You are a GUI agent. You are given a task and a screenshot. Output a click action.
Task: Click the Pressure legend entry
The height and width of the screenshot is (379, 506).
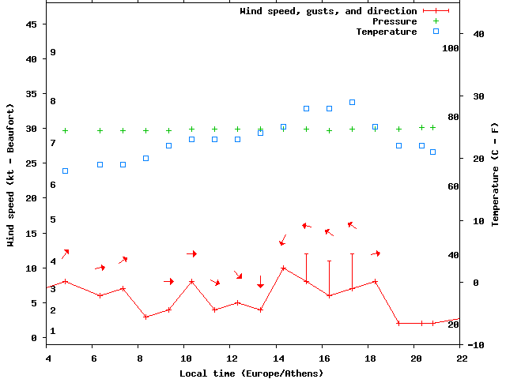[395, 21]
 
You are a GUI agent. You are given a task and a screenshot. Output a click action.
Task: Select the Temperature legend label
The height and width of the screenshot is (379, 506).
[386, 32]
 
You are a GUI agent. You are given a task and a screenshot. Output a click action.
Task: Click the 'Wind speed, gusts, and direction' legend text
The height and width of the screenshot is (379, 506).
[328, 11]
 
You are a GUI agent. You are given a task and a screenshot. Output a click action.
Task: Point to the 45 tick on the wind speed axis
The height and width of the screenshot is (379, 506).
[32, 24]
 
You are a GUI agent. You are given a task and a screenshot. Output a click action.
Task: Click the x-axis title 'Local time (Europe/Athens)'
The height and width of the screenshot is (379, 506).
[251, 373]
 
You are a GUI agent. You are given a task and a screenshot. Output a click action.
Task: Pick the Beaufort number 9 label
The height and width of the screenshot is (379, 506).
[52, 52]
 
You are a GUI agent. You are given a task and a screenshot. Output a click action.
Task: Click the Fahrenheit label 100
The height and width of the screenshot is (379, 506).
[451, 48]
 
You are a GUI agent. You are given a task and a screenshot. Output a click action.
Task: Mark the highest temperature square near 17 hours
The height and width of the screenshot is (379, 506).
[352, 102]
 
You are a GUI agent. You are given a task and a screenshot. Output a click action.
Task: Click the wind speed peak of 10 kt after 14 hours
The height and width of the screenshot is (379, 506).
[283, 268]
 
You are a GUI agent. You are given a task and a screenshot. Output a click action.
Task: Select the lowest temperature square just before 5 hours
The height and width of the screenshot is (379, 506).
[65, 171]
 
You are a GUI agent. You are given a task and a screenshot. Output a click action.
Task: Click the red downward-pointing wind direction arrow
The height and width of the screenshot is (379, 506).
[260, 282]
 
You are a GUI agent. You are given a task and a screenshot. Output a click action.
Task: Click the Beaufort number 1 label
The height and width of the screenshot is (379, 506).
[52, 331]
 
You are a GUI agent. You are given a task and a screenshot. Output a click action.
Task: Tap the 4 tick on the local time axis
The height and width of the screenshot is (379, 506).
[47, 358]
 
